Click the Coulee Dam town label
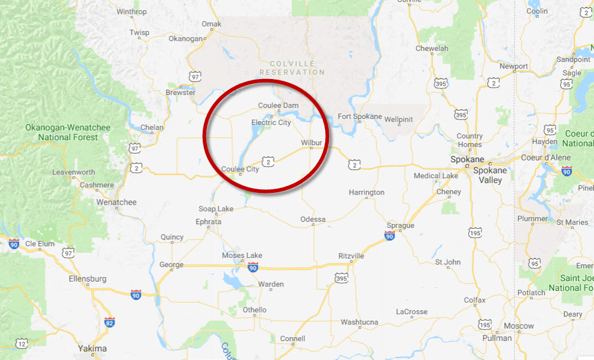point(278,105)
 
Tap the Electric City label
point(271,122)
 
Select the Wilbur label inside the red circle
point(311,143)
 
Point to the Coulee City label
point(240,169)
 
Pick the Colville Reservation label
point(291,68)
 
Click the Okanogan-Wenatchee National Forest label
point(67,132)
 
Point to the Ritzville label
point(352,255)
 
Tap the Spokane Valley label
point(489,176)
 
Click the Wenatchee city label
point(116,202)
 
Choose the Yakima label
point(92,348)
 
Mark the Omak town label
point(211,24)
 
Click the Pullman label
point(497,338)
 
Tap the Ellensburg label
point(88,279)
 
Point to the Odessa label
point(313,219)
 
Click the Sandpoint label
point(573,59)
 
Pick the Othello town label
point(255,310)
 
